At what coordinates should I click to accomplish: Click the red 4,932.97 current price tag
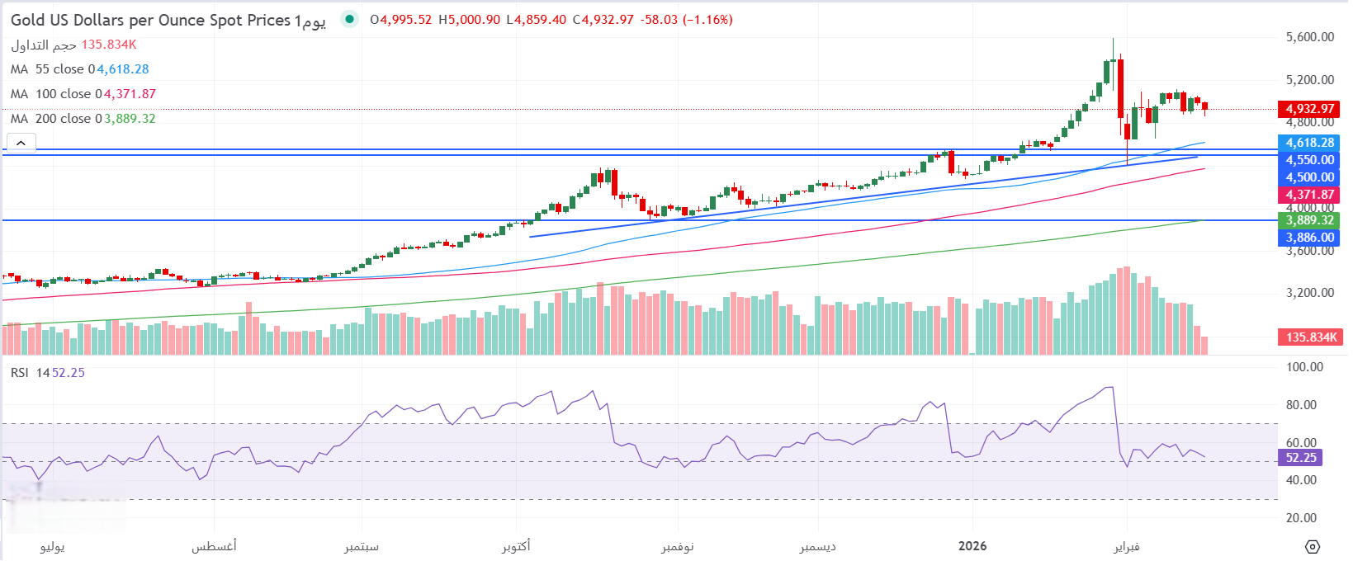pos(1308,109)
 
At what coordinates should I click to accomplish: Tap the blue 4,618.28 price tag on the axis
pos(1308,143)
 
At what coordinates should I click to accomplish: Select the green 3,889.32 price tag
pos(1308,220)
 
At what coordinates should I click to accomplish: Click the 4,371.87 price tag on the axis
pos(1308,195)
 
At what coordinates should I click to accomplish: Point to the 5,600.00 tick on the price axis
pos(1310,37)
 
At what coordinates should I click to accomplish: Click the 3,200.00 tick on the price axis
pos(1310,293)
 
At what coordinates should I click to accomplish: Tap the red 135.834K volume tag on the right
pos(1310,337)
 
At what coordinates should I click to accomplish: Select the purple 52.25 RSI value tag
pos(1301,458)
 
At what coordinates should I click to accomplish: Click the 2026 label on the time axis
pos(972,546)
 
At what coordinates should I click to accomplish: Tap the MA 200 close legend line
pos(83,119)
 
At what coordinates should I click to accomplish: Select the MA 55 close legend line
pos(79,69)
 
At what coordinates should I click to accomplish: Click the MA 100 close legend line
pos(83,94)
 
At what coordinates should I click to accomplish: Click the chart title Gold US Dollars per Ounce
pos(151,20)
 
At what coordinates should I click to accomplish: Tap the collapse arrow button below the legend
pos(21,143)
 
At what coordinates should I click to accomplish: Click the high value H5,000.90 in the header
pos(469,20)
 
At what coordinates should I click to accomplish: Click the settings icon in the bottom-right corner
pos(1313,546)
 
